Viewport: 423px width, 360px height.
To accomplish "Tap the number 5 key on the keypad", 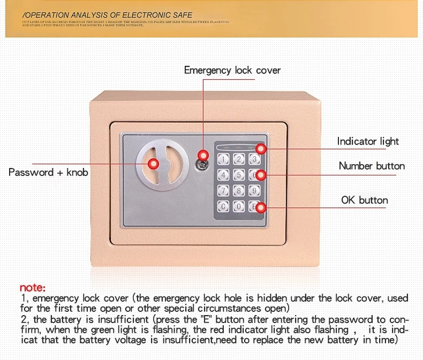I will [x=239, y=174].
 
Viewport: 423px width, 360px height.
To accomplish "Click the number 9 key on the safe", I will [x=254, y=190].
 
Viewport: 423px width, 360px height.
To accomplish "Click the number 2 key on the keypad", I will [x=239, y=159].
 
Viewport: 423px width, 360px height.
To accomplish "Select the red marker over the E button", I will [x=260, y=208].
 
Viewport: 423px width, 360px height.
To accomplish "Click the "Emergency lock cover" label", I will [x=232, y=70].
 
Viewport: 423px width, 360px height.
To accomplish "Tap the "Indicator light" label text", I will [x=368, y=141].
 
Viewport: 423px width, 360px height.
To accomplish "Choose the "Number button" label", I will [x=372, y=166].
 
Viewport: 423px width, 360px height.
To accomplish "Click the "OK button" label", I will [x=364, y=200].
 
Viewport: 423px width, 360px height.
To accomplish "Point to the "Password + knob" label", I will [x=48, y=172].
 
